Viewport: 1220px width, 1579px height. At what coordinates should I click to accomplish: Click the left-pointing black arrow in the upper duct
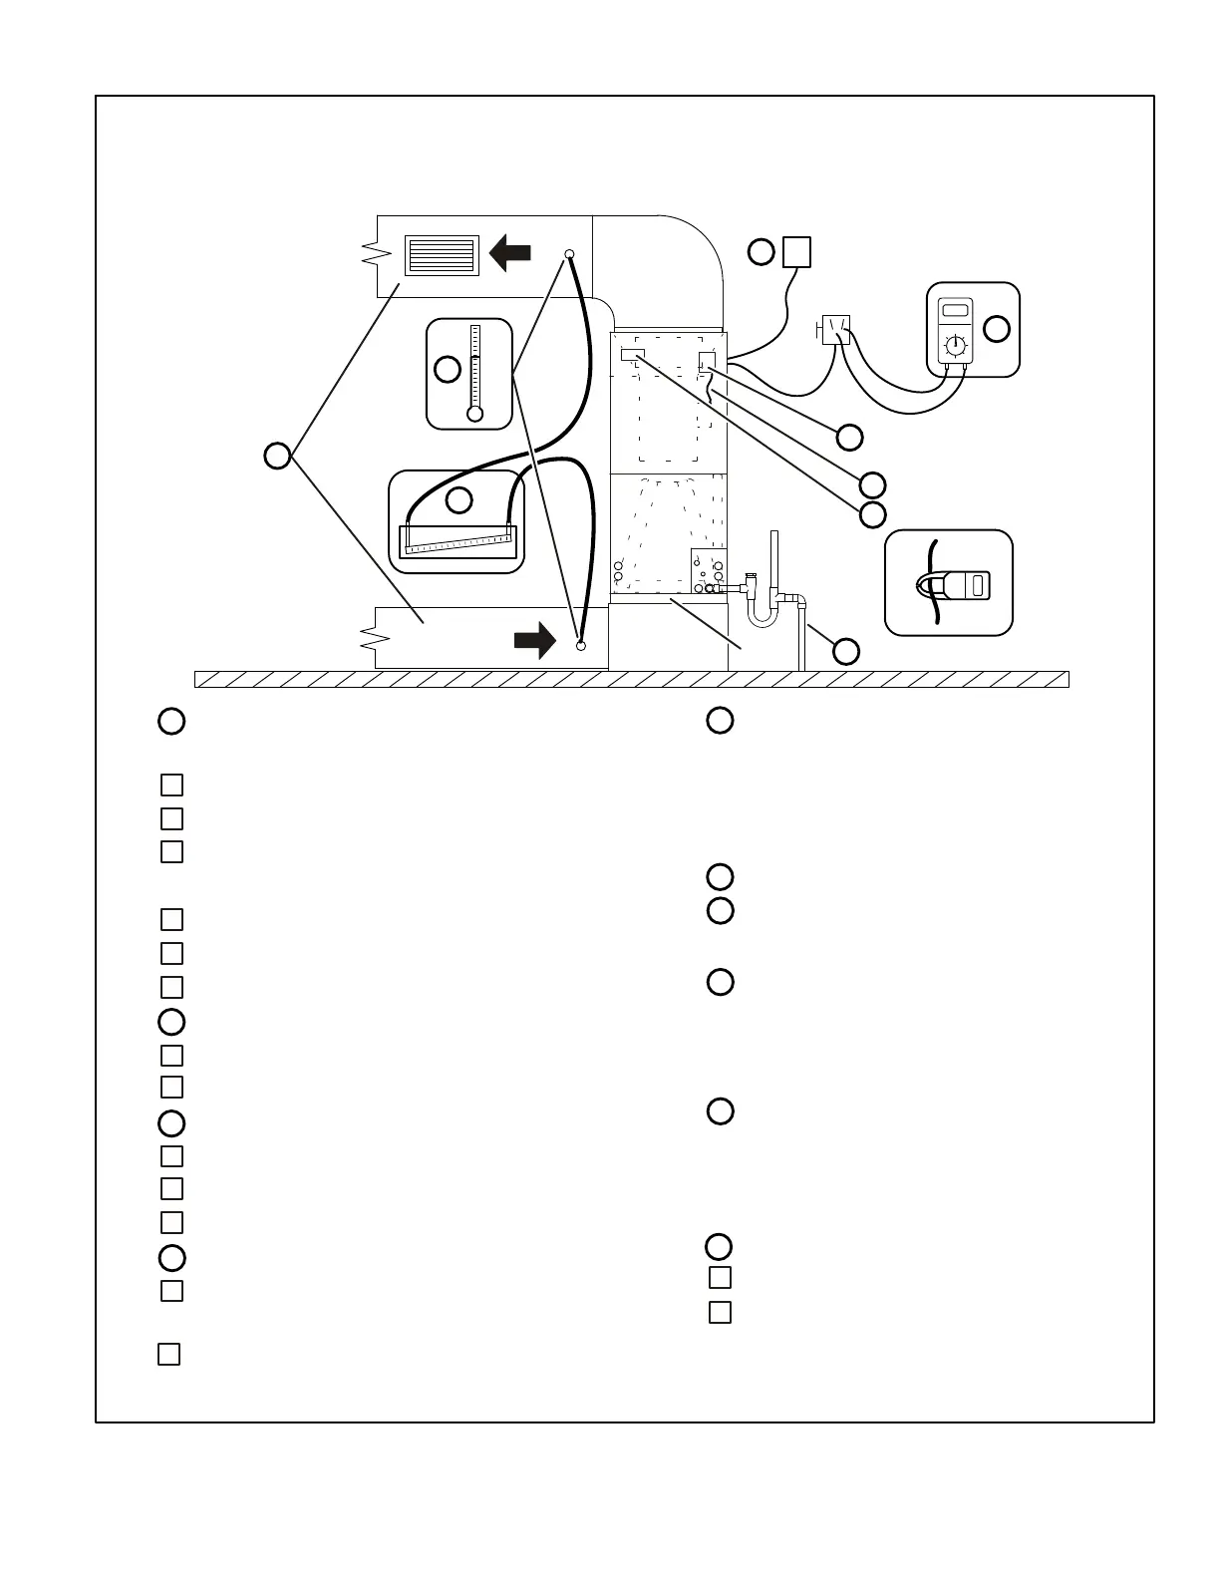[x=510, y=253]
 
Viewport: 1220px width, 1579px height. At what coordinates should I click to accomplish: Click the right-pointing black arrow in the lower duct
[x=535, y=640]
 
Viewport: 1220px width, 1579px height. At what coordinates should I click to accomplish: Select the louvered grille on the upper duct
[x=442, y=255]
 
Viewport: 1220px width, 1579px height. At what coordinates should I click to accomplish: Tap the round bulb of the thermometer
[x=474, y=414]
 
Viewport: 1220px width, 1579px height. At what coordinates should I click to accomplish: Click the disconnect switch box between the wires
[x=835, y=328]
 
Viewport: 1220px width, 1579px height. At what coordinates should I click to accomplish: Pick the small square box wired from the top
[x=796, y=252]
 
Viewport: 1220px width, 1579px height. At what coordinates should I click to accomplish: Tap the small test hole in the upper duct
[x=569, y=253]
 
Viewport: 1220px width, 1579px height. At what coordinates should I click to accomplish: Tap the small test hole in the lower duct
[x=581, y=646]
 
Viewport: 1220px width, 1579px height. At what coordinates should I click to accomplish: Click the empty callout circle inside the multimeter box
[x=997, y=328]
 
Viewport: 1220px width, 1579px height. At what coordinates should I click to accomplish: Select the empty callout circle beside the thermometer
[x=448, y=369]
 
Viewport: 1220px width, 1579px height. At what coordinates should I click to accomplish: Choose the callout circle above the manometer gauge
[x=458, y=499]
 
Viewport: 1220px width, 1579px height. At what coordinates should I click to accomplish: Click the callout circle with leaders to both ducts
[x=277, y=456]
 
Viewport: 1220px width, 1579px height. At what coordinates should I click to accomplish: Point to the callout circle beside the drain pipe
[x=845, y=651]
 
